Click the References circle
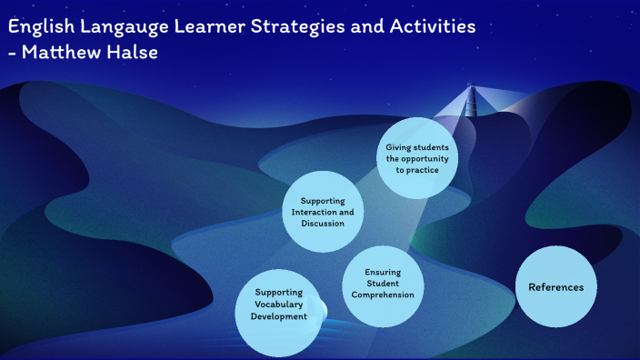point(555,286)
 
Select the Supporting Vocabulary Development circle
point(280,305)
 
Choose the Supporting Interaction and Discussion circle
point(316,211)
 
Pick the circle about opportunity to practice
point(417,158)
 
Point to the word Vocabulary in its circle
point(280,305)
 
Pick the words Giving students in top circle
point(417,146)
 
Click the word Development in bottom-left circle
point(280,316)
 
